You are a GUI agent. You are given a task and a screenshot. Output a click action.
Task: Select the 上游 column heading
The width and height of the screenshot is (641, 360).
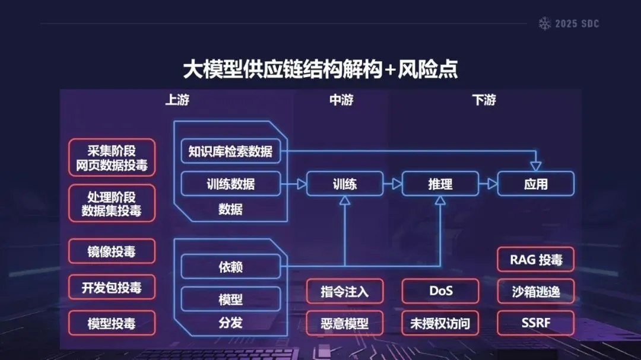(177, 100)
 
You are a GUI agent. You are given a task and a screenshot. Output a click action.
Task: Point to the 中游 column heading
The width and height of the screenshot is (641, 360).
(341, 100)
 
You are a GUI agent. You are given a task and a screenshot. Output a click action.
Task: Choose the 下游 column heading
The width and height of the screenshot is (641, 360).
(484, 100)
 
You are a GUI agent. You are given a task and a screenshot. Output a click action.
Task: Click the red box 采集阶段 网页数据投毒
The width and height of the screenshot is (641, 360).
(112, 158)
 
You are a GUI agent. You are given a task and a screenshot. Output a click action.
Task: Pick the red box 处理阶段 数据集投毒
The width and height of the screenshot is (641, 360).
(112, 203)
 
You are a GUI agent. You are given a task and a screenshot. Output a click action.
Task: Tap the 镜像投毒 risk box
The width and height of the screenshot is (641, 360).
(112, 251)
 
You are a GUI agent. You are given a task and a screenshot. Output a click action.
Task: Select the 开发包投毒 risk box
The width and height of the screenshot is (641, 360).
(112, 288)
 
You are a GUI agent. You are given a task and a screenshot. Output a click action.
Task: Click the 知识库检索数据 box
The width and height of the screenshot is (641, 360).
(230, 151)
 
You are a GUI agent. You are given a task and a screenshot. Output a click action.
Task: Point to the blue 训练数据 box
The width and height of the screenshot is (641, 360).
(230, 184)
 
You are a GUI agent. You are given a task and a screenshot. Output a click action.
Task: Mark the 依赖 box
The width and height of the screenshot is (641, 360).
(230, 267)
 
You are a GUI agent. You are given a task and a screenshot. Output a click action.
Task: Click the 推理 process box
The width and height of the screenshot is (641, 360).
(440, 184)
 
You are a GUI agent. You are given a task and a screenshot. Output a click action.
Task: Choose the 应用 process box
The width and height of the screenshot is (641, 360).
(535, 184)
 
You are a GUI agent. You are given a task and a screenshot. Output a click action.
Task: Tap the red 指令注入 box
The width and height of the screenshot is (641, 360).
(345, 291)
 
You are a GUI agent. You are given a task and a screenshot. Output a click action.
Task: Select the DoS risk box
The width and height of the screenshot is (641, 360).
(440, 291)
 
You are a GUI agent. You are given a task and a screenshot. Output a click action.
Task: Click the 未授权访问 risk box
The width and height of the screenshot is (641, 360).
(440, 323)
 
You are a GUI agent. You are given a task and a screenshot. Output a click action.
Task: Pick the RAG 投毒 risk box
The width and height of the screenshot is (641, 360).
(535, 259)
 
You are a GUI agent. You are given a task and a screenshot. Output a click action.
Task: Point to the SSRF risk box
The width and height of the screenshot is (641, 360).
(535, 323)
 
